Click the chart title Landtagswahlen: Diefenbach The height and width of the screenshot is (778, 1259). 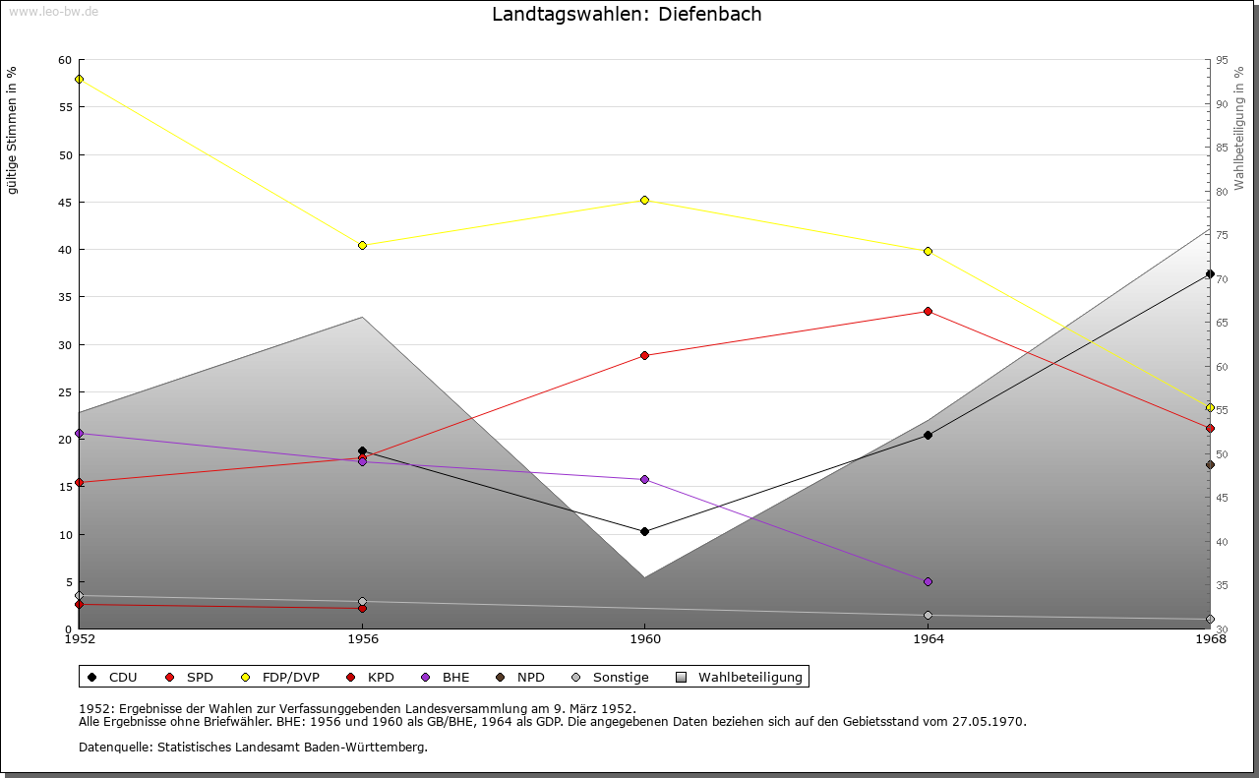[627, 14]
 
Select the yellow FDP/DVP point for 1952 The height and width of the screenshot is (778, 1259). [79, 79]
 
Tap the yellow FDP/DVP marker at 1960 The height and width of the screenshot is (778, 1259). [645, 200]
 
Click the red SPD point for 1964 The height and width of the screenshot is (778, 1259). [928, 311]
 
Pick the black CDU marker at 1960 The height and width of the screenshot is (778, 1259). [645, 531]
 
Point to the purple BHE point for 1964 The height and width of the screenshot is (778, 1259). [928, 581]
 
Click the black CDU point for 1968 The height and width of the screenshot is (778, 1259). [1210, 274]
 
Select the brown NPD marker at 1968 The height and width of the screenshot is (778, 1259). [1210, 464]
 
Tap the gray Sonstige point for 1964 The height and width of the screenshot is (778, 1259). [928, 616]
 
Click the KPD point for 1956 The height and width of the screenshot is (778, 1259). [362, 608]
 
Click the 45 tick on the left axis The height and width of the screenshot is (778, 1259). [65, 203]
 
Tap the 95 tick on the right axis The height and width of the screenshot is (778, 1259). [1222, 60]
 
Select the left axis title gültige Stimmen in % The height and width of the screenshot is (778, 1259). [13, 130]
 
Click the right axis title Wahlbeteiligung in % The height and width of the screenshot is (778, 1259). [1239, 128]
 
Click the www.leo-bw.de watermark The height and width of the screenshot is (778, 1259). [53, 10]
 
